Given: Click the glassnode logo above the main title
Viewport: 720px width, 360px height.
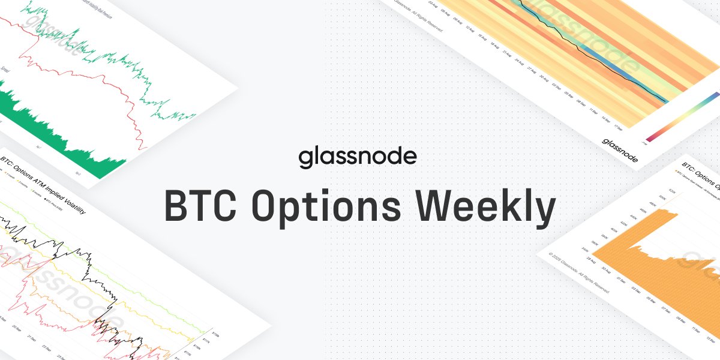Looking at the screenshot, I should click(x=358, y=158).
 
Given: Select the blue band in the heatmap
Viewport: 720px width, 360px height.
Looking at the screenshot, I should click(x=606, y=66).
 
